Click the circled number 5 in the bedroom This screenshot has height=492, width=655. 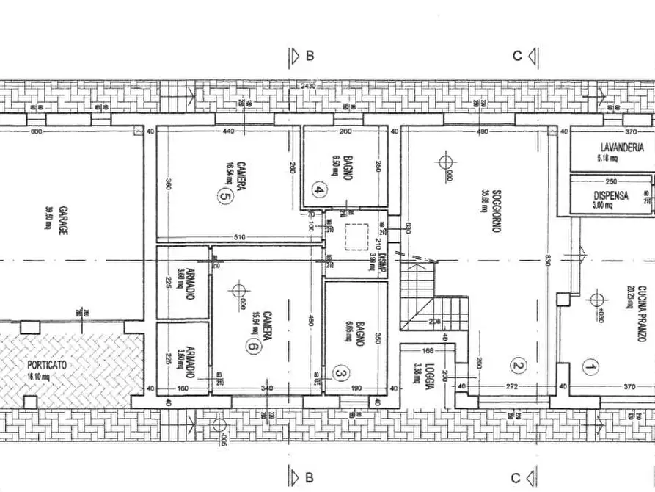point(223,195)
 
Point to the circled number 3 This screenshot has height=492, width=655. point(340,373)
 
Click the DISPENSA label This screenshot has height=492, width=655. point(610,195)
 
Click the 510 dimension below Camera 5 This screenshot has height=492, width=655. point(241,237)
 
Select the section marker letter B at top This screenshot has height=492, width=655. point(310,56)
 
